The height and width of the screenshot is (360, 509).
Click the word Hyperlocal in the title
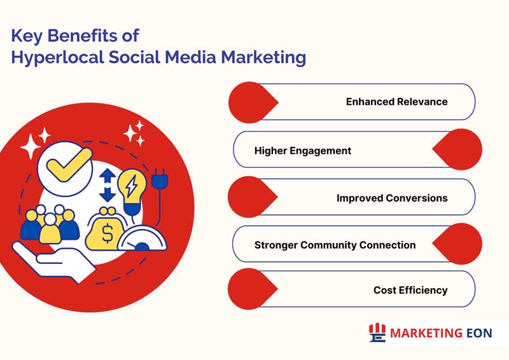point(57,57)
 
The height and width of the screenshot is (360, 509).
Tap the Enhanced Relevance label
point(396,102)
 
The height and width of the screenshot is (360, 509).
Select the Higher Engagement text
point(303,151)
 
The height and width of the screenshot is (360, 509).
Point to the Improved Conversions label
point(392,198)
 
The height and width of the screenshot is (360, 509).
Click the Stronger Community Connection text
point(335,245)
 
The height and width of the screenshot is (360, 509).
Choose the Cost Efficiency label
point(410,290)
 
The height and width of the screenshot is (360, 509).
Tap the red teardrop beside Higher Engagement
point(457,149)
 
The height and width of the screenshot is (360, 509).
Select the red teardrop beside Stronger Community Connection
point(457,244)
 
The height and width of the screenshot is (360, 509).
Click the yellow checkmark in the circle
point(69,164)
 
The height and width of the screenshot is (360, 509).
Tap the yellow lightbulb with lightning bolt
point(132,191)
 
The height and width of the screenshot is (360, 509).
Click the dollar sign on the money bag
point(108,233)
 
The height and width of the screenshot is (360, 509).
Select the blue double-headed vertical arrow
point(108,185)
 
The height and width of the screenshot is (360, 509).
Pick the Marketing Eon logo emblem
point(377,333)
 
